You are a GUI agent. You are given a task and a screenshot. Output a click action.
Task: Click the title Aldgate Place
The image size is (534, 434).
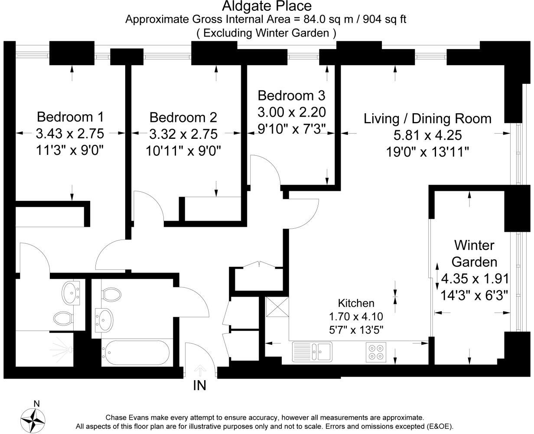click(267, 6)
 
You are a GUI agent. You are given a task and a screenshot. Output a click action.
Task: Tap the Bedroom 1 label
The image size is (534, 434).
click(70, 117)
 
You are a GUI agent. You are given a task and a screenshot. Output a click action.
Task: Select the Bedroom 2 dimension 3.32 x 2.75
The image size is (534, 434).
click(183, 134)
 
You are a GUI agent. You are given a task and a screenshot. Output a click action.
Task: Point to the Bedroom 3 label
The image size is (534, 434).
click(291, 95)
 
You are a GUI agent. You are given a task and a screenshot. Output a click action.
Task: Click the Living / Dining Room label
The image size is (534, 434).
click(427, 118)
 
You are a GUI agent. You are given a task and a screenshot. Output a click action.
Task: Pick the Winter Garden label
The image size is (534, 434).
click(474, 253)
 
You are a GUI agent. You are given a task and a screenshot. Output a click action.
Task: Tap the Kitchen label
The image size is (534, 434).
click(356, 303)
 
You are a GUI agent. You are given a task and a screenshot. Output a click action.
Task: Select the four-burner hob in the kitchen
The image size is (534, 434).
click(376, 352)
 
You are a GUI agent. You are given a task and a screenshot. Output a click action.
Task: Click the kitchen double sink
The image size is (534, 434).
click(312, 351)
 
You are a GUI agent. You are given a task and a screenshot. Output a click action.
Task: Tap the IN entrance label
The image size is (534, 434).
click(199, 385)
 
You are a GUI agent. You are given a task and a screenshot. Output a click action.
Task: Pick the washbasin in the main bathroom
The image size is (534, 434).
click(104, 319)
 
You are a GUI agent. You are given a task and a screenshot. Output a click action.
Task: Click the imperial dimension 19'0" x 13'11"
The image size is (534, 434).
click(427, 152)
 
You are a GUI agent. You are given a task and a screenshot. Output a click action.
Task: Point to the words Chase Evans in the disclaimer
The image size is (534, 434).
click(129, 417)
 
